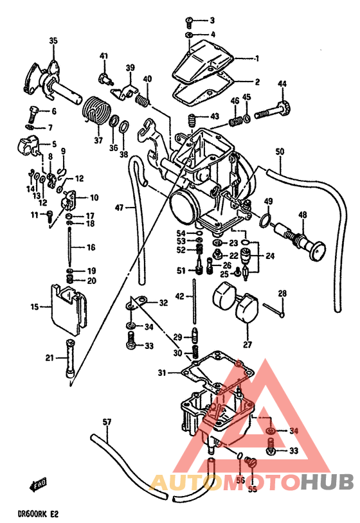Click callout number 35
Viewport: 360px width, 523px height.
tap(53, 40)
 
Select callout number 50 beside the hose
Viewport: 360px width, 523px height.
tap(279, 152)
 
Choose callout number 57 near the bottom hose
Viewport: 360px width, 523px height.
tap(107, 422)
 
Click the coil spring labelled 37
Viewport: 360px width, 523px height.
tap(95, 112)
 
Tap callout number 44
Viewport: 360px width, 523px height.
tap(282, 84)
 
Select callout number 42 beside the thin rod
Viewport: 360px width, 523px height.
tap(180, 296)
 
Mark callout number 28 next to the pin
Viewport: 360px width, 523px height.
tap(282, 294)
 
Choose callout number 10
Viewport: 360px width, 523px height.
tap(93, 197)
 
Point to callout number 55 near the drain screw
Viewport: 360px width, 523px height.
tap(252, 490)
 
